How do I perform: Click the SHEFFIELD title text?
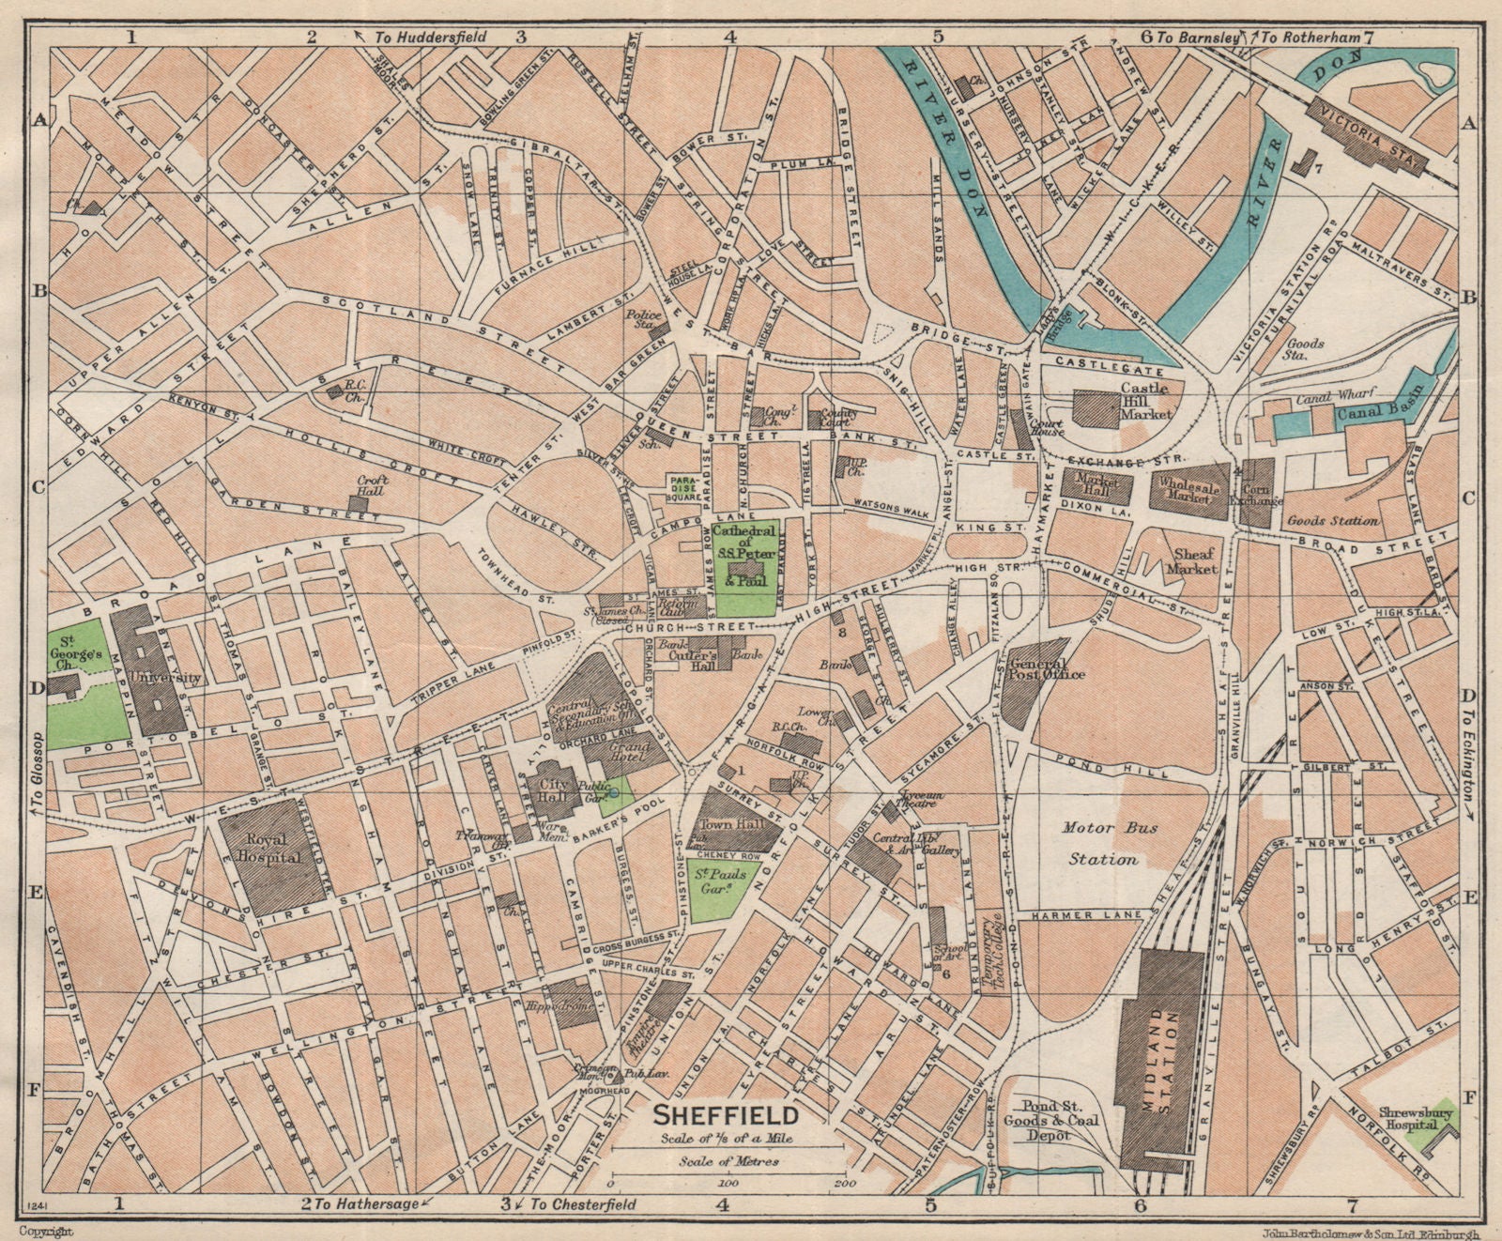(726, 1116)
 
